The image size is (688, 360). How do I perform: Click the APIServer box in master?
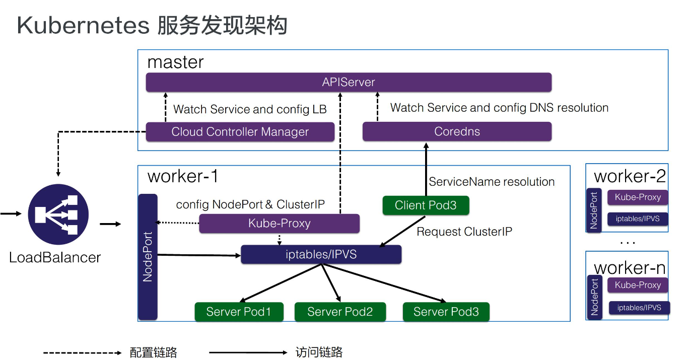coord(349,82)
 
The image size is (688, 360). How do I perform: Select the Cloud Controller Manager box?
coord(240,132)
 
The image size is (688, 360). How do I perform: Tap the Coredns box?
coord(457,132)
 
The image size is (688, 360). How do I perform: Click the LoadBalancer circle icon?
coord(58,214)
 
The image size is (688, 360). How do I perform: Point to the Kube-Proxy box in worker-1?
coord(279,224)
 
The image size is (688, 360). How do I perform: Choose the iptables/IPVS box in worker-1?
coord(321,255)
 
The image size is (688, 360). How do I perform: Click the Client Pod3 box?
coord(426,205)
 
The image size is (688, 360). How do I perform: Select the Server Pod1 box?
coord(239,312)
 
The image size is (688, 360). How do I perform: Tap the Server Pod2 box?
coord(340,312)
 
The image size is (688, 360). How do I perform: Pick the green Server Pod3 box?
coord(446,312)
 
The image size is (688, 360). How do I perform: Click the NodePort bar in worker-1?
coord(148,257)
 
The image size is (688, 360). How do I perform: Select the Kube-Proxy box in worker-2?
coord(638,197)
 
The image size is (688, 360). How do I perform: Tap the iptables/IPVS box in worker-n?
coord(639,308)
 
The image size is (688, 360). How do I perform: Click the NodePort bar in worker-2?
coord(594,210)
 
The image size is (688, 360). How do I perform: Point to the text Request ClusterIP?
coord(464,232)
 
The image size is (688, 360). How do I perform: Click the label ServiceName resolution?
coord(492,182)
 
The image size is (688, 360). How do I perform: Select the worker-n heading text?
coord(630,267)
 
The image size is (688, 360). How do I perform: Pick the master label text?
coord(175,62)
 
